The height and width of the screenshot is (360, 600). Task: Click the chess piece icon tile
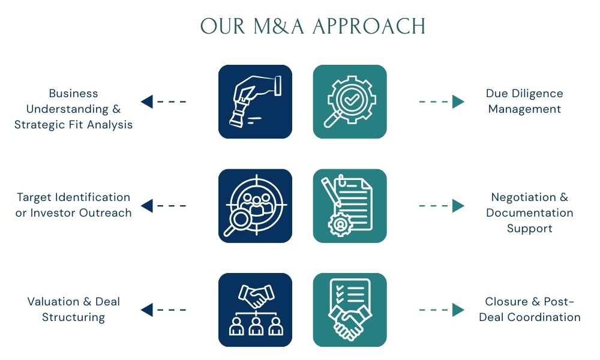tap(255, 102)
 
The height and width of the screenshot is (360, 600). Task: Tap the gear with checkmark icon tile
tap(350, 102)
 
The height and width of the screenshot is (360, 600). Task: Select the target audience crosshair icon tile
tap(255, 206)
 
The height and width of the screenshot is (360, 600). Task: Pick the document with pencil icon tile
tap(350, 206)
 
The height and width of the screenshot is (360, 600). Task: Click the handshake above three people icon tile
tap(255, 310)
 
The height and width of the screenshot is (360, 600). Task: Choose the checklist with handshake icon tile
tap(350, 310)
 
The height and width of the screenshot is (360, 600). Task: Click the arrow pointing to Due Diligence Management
tap(442, 102)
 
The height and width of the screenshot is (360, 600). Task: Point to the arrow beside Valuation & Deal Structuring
tap(163, 310)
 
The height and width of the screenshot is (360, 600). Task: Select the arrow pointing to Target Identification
tap(163, 206)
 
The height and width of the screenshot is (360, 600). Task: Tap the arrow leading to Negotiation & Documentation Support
tap(442, 206)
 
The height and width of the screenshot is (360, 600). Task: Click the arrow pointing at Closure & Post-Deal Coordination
tap(442, 310)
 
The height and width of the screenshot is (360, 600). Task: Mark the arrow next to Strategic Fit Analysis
tap(163, 102)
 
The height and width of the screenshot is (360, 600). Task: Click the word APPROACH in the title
tap(369, 26)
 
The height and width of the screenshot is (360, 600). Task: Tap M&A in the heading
tap(278, 26)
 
